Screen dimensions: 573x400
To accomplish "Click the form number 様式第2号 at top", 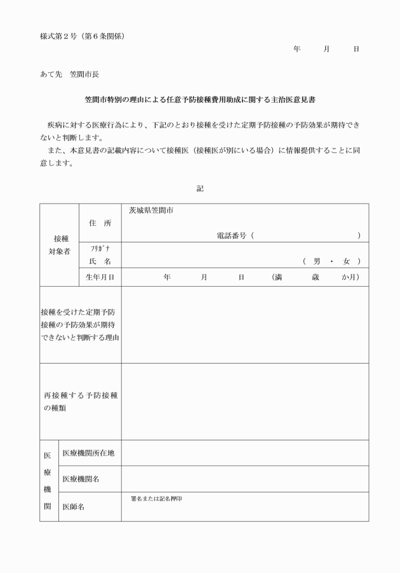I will (58, 36).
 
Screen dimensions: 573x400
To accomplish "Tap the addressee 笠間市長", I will (84, 74).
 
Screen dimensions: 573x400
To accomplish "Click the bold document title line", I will (199, 100).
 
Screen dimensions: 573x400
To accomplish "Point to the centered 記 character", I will (200, 188).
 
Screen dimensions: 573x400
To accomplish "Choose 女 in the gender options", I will (347, 261).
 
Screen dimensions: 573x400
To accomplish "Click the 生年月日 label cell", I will (99, 277).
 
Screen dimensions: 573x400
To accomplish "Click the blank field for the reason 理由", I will (244, 324).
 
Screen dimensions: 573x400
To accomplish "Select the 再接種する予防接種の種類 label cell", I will (80, 401).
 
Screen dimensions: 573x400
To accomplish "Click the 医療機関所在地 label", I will (88, 453).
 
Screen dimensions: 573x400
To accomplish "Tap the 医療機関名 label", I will (81, 479).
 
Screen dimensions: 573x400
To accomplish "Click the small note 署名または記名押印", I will (156, 498).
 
